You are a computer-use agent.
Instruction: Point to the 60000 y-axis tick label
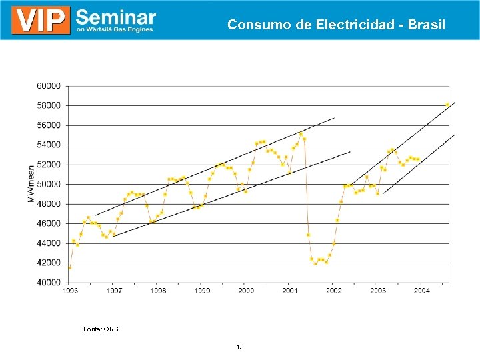48,86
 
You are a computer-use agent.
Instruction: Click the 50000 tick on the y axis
48,184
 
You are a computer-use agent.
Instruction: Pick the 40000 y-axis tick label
48,283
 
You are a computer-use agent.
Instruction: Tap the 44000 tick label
48,243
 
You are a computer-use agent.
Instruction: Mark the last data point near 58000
447,104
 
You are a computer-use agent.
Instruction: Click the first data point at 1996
70,267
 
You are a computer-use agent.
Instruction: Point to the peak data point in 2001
301,134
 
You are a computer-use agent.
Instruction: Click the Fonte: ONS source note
101,329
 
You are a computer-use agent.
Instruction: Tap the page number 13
240,347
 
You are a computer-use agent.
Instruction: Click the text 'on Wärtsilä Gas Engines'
115,29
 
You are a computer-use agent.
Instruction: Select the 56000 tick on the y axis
48,125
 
